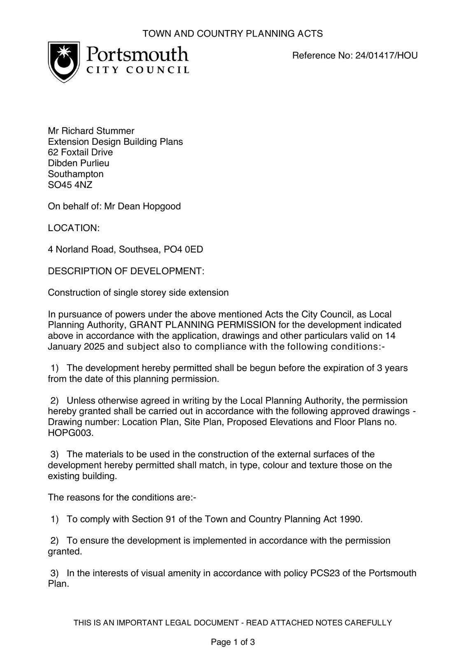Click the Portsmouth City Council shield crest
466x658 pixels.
[x=64, y=62]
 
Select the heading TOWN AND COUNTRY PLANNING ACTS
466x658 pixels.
[x=233, y=34]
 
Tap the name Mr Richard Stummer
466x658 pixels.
[x=91, y=131]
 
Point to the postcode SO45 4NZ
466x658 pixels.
[x=70, y=185]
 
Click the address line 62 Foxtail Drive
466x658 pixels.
[x=80, y=152]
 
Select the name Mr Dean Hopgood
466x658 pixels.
[x=142, y=206]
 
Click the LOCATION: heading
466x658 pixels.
[x=74, y=228]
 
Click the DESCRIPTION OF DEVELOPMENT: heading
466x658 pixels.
[x=126, y=271]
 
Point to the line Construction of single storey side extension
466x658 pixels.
[x=138, y=292]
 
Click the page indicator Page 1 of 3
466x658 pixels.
[x=233, y=642]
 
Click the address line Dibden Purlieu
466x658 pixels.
[x=79, y=163]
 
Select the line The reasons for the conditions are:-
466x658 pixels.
[x=122, y=497]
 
